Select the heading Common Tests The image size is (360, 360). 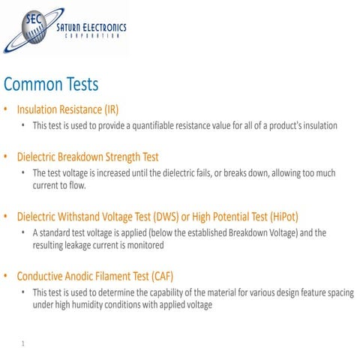pyautogui.click(x=51, y=83)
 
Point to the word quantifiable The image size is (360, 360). pyautogui.click(x=148, y=125)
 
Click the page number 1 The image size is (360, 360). pyautogui.click(x=24, y=344)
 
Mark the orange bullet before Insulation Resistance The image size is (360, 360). pyautogui.click(x=7, y=109)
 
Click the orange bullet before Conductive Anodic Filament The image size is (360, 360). pyautogui.click(x=7, y=276)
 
